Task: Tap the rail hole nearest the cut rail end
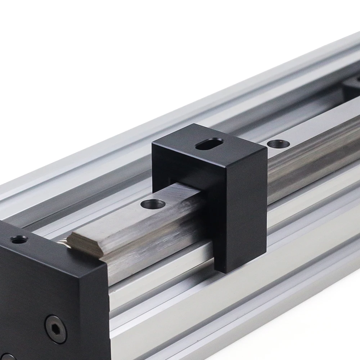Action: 153,204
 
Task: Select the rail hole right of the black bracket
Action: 279,144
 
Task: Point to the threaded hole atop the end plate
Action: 19,239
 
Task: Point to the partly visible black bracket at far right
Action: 351,86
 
